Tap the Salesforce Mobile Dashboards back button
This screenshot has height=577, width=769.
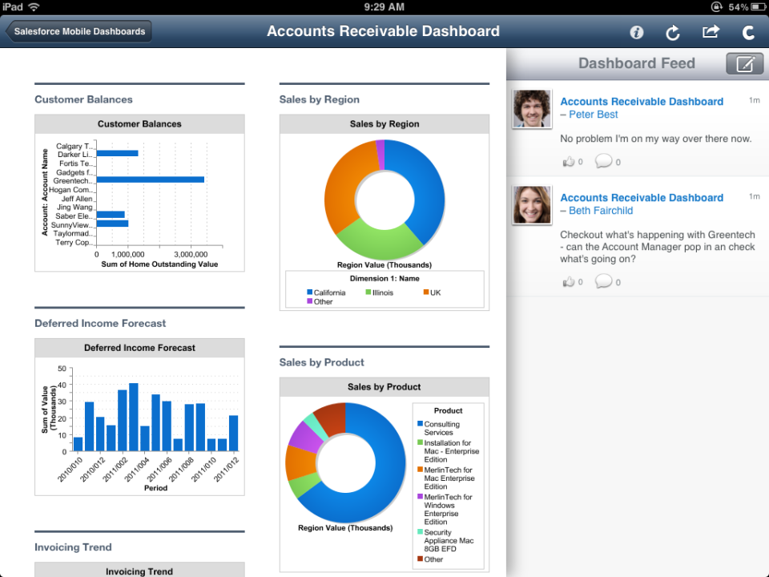(79, 31)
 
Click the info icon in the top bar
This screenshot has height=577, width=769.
(637, 32)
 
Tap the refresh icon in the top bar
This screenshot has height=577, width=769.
(673, 32)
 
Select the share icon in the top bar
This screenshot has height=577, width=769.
(711, 31)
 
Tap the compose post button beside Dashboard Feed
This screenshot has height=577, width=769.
(744, 63)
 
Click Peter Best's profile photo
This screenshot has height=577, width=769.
(532, 109)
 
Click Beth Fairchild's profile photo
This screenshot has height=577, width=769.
(532, 205)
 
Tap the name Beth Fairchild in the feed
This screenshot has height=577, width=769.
(601, 211)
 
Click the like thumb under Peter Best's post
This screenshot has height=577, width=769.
(569, 161)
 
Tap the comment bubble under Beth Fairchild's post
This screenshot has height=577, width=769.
(603, 281)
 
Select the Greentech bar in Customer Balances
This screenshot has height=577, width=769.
(151, 180)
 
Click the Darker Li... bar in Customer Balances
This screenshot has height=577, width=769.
(117, 153)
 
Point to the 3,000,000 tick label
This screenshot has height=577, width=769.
(191, 253)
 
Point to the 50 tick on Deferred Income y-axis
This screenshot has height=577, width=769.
(62, 369)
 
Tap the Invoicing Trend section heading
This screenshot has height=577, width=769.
(73, 547)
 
